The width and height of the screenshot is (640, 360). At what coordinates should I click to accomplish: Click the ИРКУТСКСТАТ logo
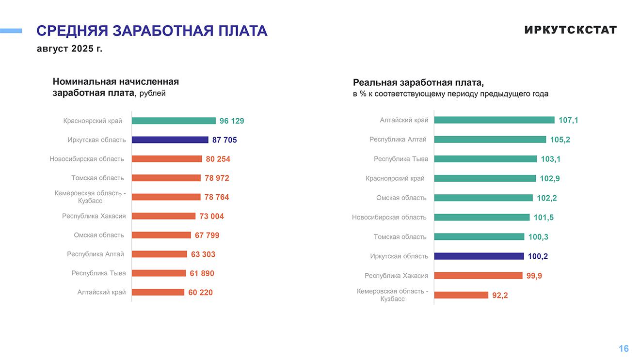[570, 30]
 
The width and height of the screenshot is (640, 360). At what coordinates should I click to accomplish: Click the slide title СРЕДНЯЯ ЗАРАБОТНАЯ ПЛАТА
[152, 31]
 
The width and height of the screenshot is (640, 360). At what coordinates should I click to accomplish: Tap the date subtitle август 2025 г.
[69, 49]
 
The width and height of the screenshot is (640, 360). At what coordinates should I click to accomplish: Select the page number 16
[624, 348]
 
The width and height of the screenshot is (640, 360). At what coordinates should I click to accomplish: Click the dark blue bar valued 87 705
[170, 140]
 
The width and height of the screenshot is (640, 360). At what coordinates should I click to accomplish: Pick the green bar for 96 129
[174, 121]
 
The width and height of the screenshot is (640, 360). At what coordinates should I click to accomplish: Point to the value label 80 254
[218, 159]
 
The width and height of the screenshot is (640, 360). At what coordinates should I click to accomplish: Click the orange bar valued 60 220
[158, 292]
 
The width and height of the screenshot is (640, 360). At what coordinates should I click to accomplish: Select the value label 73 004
[211, 216]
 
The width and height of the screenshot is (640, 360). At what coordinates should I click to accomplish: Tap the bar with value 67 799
[161, 235]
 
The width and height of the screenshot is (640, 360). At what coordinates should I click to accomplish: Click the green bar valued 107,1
[494, 120]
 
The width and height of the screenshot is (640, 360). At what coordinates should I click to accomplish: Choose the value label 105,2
[560, 140]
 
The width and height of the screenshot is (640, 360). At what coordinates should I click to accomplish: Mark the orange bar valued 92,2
[461, 295]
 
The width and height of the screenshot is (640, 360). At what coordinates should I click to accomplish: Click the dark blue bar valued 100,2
[479, 256]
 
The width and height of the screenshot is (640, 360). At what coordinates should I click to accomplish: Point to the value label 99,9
[534, 276]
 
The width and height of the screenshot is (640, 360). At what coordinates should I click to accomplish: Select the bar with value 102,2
[483, 198]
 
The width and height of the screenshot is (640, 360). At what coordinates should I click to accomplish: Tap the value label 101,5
[544, 218]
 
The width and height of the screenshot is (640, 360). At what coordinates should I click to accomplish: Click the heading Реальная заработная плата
[418, 82]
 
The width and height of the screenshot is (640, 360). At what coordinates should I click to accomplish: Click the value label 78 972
[217, 178]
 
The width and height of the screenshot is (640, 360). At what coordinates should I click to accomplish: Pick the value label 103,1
[550, 159]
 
